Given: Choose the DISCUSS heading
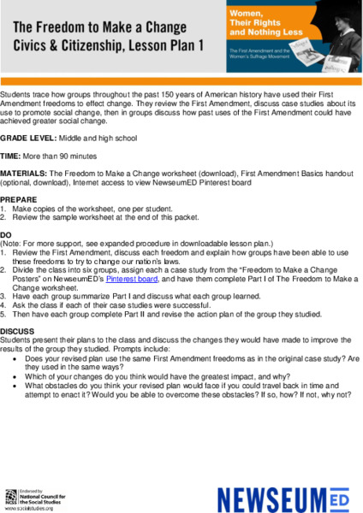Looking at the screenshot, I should coord(17,328).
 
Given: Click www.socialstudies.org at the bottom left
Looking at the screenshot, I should coord(27,508).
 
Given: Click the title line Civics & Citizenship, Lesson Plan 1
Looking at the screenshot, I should coord(107,44).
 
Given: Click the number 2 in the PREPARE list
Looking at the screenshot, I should coord(3,215).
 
